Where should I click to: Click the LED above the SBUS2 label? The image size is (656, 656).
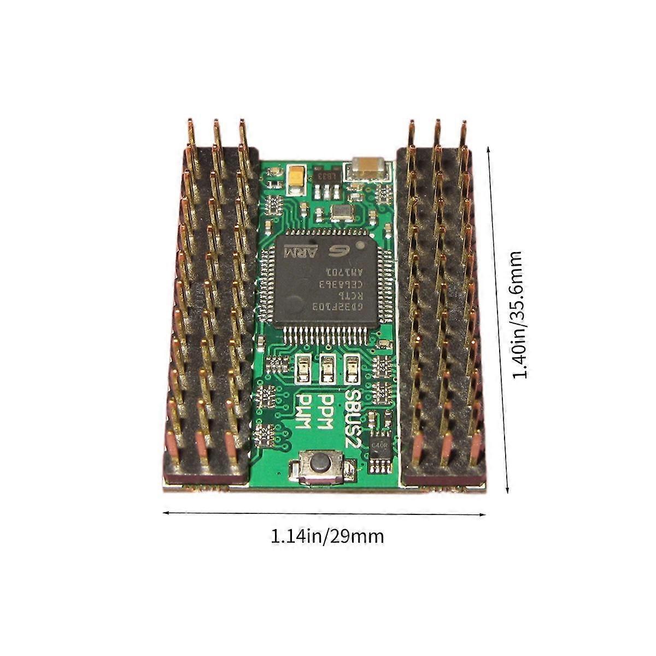coord(353,368)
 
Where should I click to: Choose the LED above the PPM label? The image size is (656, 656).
coord(327,368)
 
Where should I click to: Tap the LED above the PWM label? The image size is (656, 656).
coord(302,368)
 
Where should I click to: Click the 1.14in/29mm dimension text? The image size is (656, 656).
coord(327,536)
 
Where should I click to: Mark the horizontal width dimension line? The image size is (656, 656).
coord(325,513)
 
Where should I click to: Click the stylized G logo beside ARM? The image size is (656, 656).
coord(335,251)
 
